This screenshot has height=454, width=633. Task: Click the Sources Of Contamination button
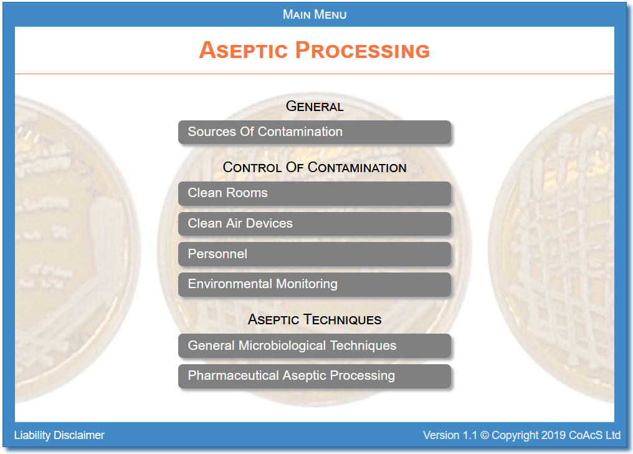click(x=315, y=132)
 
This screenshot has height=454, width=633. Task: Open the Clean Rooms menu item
click(x=315, y=193)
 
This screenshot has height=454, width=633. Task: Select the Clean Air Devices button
click(x=315, y=224)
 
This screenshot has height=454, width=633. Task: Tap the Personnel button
click(x=315, y=254)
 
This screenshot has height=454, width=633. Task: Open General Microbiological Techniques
click(x=315, y=345)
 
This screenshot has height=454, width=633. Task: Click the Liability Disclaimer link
click(x=59, y=435)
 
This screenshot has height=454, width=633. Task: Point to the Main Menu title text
click(x=315, y=14)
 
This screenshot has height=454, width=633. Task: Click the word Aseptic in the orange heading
click(x=244, y=51)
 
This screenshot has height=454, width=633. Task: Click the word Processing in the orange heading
click(x=363, y=51)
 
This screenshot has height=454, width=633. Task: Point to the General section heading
click(x=315, y=106)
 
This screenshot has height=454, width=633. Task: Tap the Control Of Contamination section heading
click(x=315, y=167)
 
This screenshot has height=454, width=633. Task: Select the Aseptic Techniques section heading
click(x=315, y=319)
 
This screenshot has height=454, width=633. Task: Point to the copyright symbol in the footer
click(x=485, y=435)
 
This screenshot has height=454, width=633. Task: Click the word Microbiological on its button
click(x=282, y=345)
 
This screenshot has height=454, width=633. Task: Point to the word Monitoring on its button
click(x=307, y=284)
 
